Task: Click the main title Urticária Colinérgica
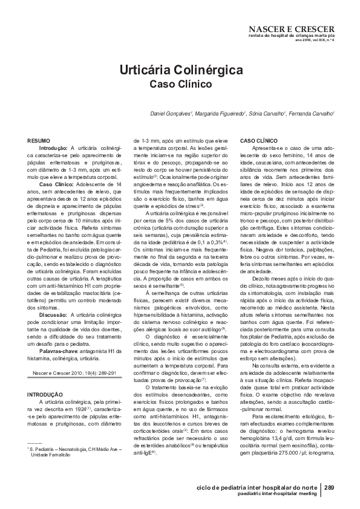179,70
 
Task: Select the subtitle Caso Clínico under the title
180,85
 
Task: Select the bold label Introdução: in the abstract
54,148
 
